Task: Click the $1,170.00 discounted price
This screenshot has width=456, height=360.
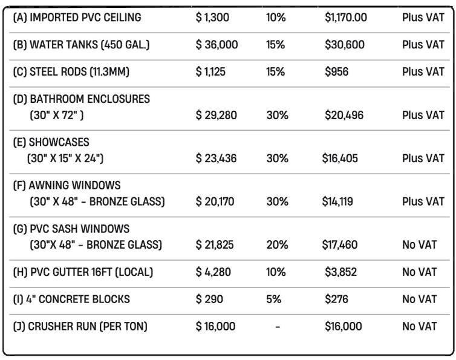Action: point(345,18)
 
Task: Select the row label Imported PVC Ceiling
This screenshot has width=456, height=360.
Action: point(77,18)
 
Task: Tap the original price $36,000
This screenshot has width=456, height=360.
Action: point(217,45)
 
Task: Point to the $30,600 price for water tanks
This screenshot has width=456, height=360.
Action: point(344,45)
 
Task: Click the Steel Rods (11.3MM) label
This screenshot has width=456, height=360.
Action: point(71,72)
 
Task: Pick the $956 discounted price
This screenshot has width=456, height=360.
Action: point(337,72)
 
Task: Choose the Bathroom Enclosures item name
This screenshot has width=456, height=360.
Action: point(81,99)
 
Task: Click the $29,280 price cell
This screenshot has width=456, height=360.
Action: point(217,115)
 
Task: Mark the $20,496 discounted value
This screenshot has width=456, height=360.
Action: point(344,115)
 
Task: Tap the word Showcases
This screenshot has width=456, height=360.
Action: point(51,142)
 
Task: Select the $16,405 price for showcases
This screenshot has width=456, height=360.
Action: point(340,159)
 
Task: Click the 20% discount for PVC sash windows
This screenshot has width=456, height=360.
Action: point(277,245)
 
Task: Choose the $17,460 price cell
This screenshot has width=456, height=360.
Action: point(341,245)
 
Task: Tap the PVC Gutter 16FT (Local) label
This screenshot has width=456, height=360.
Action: point(83,273)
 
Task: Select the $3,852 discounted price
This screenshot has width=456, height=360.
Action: point(341,273)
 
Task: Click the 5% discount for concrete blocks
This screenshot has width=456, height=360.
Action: point(273,299)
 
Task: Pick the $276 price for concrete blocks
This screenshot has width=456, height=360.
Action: point(337,299)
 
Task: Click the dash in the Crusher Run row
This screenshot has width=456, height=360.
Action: point(277,327)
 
